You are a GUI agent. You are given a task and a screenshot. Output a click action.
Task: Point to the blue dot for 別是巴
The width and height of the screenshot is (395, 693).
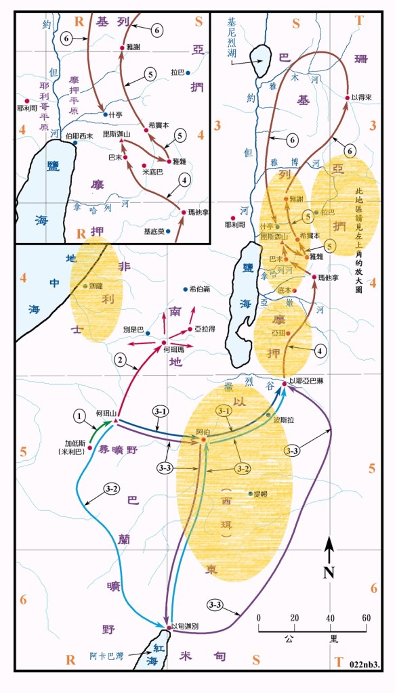(148, 333)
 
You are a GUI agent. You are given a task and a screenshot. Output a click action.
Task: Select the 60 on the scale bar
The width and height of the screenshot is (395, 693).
(365, 619)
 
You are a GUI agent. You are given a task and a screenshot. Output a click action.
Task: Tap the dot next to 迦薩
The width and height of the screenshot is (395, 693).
(85, 286)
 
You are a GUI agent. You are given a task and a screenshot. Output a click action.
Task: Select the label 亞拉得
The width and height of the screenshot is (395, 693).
(204, 328)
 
